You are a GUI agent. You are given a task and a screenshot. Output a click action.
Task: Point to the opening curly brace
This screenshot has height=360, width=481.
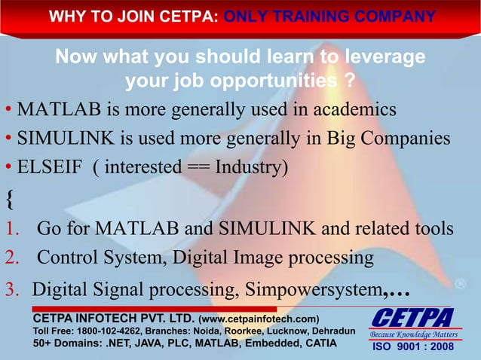click(x=8, y=199)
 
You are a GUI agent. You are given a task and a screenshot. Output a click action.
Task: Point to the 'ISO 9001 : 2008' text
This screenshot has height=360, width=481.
click(x=410, y=347)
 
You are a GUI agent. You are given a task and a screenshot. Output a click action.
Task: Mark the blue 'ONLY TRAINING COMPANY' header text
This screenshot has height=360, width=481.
click(x=329, y=16)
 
